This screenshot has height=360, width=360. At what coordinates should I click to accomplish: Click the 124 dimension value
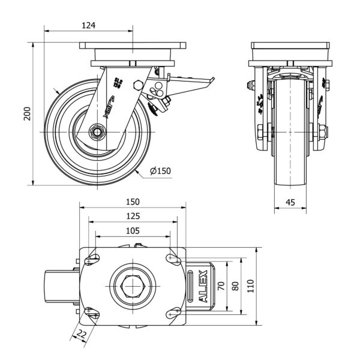[x=89, y=25]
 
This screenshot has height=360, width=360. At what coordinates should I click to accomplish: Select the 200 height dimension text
[x=27, y=114]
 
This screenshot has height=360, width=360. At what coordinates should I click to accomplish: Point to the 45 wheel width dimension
[x=290, y=203]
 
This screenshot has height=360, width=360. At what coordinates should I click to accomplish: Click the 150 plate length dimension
[x=133, y=202]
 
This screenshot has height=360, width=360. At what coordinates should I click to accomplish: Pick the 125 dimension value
[x=133, y=216]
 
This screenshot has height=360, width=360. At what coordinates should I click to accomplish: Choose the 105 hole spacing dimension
[x=133, y=230]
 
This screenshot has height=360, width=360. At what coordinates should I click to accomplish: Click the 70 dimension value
[x=222, y=286]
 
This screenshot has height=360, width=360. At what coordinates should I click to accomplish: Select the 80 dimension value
[x=236, y=286]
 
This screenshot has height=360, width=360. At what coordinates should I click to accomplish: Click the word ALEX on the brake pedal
[x=202, y=286]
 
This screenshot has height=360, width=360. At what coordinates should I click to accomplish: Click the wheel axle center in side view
[x=96, y=132]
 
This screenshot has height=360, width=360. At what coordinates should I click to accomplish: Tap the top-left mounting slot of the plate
[x=91, y=259]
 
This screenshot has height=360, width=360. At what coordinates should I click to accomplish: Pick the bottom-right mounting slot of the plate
[x=174, y=312]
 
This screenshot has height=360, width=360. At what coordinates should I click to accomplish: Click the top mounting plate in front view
[x=290, y=46]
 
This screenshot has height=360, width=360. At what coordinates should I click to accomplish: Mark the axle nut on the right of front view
[x=325, y=131]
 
